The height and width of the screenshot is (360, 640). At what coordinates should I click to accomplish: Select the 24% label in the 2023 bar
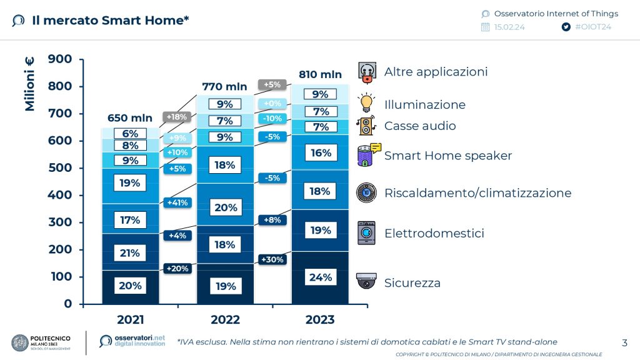[x=321, y=277]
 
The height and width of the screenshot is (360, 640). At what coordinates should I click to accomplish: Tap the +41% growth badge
[x=176, y=202]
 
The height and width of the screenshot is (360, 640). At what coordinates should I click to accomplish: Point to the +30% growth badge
[x=272, y=259]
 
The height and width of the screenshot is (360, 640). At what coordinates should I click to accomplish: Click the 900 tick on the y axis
[x=60, y=59]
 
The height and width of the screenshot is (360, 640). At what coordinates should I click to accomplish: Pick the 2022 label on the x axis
[x=225, y=320]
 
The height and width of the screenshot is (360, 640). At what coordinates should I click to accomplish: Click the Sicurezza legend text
[x=412, y=283]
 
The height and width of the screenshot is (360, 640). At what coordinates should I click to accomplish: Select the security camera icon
[x=366, y=281]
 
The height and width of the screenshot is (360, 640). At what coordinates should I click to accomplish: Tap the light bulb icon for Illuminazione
[x=366, y=102]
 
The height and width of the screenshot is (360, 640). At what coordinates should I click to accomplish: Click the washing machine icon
[x=366, y=232]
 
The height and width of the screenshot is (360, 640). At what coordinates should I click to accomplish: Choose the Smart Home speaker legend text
[x=447, y=156]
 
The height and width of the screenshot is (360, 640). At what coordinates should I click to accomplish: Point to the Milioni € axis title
[x=30, y=84]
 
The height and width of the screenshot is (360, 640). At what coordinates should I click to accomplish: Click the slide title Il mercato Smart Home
[x=110, y=21]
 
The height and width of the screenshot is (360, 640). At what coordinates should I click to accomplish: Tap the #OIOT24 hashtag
[x=592, y=27]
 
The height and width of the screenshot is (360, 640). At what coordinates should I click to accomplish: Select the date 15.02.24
[x=509, y=27]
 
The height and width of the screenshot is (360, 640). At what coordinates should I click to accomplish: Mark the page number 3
[x=624, y=342]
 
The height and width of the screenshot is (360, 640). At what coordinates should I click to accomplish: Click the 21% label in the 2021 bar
[x=130, y=253]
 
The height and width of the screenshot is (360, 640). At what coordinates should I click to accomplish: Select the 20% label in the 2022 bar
[x=225, y=207]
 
